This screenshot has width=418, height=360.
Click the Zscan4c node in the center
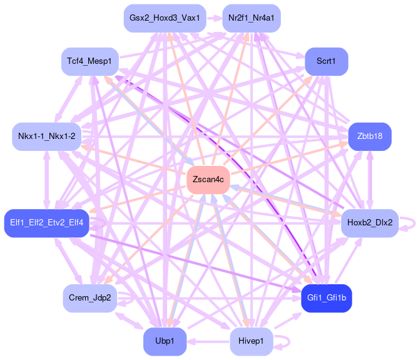[x=208, y=180]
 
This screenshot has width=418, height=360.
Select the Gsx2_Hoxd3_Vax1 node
[x=165, y=18]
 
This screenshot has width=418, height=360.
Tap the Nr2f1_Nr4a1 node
[x=251, y=18]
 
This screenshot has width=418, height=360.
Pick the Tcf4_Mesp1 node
[x=90, y=61]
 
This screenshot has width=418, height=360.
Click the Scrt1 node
[x=326, y=61]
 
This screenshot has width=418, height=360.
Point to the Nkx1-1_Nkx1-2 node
[x=47, y=136]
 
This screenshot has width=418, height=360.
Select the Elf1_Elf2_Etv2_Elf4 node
[x=47, y=222]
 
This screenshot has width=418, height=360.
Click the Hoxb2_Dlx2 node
[x=369, y=222]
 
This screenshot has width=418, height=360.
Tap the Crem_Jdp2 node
[x=90, y=297]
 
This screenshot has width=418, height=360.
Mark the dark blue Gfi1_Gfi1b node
[x=326, y=297]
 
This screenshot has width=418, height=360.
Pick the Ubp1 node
[x=165, y=341]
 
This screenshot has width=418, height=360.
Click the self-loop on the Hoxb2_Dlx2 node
[x=408, y=223]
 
